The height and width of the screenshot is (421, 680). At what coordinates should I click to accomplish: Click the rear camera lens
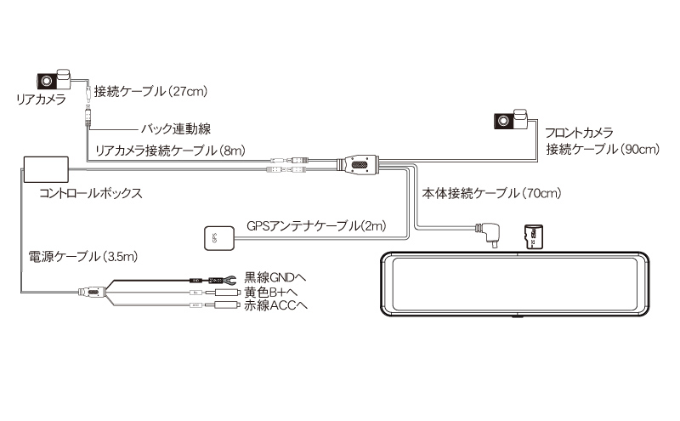[47, 81]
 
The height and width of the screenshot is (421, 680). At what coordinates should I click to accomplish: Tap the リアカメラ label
[41, 100]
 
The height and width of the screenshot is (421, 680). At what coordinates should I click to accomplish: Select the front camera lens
[503, 121]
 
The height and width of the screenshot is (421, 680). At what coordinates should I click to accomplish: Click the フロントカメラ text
[579, 133]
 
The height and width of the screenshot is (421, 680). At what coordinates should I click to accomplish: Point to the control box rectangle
[46, 169]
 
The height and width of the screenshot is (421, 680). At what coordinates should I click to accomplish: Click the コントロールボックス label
[91, 193]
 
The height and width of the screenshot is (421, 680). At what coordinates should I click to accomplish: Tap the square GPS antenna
[219, 238]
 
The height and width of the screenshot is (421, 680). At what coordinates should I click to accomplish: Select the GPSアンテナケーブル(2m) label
[316, 225]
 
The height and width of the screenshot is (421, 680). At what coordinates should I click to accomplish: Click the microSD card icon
[534, 237]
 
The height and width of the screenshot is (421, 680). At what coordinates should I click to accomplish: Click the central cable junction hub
[359, 165]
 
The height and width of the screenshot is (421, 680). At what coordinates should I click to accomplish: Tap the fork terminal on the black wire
[229, 280]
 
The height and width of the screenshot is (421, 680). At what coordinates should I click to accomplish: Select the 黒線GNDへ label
[275, 277]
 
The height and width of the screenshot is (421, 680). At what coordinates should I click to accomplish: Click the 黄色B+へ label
[270, 292]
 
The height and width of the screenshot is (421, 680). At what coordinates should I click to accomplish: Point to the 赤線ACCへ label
[275, 305]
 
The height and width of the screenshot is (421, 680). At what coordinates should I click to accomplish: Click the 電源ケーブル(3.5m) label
[82, 256]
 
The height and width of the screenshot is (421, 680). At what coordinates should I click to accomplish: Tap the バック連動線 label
[176, 129]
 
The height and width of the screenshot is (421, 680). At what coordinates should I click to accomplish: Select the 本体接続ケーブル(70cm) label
[491, 193]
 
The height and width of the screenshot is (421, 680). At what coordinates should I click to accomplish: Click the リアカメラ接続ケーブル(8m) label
[171, 151]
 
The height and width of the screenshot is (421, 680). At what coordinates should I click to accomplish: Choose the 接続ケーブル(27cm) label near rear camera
[150, 92]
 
